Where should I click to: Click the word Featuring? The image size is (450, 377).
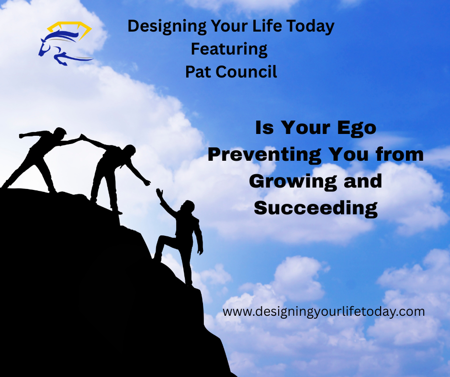pos(229,49)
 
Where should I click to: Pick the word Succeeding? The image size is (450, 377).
pos(316,208)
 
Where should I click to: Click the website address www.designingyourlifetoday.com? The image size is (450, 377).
pos(324,311)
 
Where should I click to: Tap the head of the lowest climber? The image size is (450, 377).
pos(188,207)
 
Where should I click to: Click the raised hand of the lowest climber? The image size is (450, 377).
pos(159,193)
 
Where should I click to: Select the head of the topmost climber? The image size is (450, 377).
pos(60,133)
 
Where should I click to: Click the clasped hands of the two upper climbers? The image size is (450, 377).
pos(83,138)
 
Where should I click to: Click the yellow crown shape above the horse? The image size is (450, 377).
pos(69,29)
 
